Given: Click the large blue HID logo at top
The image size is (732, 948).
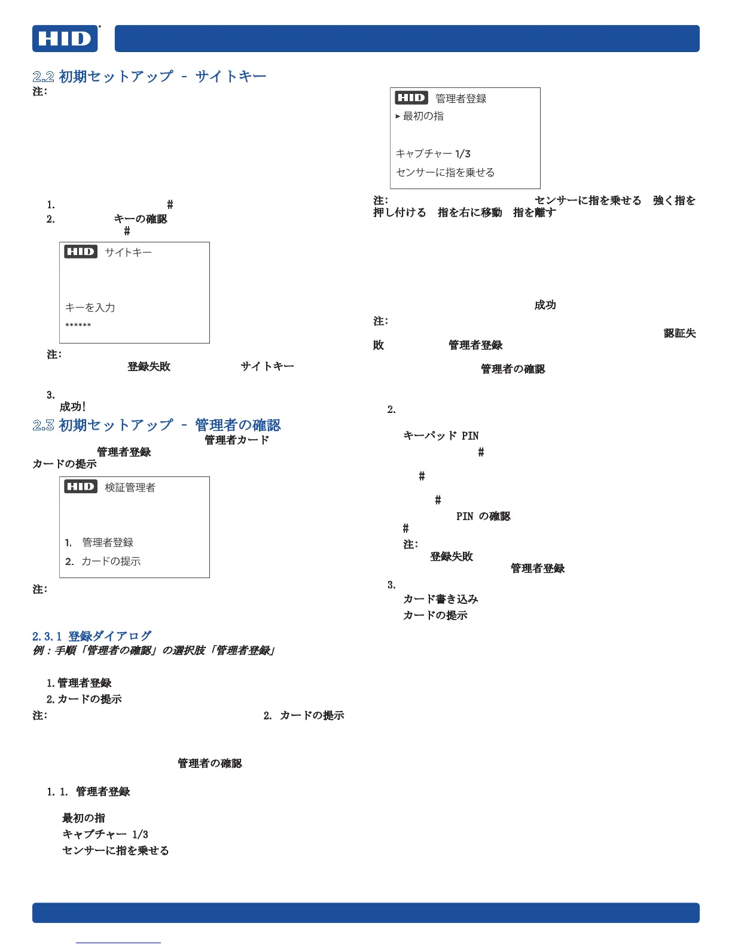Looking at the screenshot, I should (65, 39).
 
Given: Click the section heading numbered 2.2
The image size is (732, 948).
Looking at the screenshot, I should (150, 77).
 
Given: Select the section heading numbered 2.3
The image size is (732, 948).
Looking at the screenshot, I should (157, 425).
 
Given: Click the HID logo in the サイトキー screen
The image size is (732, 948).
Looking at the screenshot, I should (81, 252).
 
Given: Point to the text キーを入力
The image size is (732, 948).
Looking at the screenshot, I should (90, 308).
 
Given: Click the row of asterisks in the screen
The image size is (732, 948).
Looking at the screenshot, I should (78, 326).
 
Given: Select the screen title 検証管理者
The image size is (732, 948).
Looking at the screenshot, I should (130, 487).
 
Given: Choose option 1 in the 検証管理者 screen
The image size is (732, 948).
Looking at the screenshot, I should (99, 542).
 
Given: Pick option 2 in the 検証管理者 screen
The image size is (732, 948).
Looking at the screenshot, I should (103, 561).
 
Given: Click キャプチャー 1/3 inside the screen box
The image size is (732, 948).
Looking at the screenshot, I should (433, 154).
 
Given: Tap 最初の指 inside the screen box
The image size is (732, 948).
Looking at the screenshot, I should (423, 116).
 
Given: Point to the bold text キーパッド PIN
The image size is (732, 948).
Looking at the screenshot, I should (441, 436).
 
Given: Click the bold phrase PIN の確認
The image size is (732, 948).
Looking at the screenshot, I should (483, 516).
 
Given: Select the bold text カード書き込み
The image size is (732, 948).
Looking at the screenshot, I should (441, 599).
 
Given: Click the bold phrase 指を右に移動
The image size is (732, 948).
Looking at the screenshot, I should (469, 212).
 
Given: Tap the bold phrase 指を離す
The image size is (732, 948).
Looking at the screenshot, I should (534, 212).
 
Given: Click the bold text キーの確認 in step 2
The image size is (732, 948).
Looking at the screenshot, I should (141, 219).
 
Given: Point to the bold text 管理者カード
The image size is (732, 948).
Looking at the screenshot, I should (237, 440).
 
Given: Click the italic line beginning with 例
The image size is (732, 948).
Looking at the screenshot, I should (154, 651).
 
